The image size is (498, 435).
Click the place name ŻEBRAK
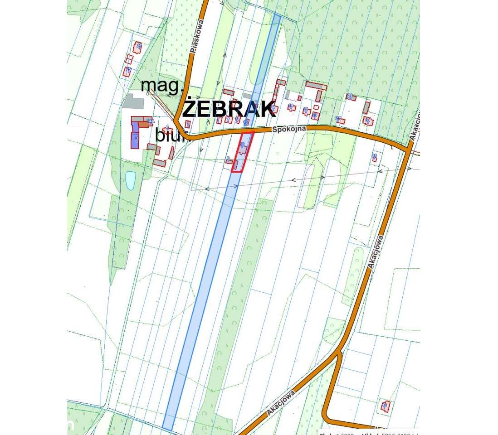[x=229, y=109]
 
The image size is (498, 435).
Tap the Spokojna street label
[x=289, y=129]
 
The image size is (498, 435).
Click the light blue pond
[x=130, y=180]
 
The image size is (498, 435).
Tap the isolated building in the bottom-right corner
[x=385, y=406]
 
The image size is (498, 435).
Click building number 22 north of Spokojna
[x=350, y=97]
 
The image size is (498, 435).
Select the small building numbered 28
[x=375, y=157]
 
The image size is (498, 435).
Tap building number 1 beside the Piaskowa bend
[x=188, y=123]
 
